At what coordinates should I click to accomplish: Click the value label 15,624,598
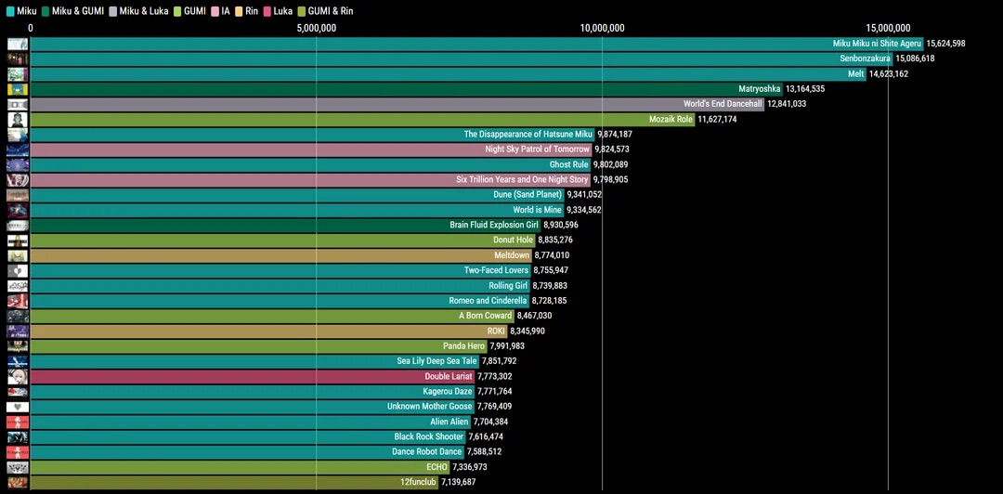(945, 44)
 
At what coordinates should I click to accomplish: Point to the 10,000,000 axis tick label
(602, 28)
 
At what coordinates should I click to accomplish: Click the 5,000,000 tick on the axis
(317, 28)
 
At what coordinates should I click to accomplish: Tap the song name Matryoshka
(759, 89)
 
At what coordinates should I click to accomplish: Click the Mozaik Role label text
(671, 119)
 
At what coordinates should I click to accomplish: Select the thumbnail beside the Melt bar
(17, 73)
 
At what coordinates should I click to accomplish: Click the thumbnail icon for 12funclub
(17, 482)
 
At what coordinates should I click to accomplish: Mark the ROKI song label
(496, 331)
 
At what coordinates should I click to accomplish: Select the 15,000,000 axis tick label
(888, 28)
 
